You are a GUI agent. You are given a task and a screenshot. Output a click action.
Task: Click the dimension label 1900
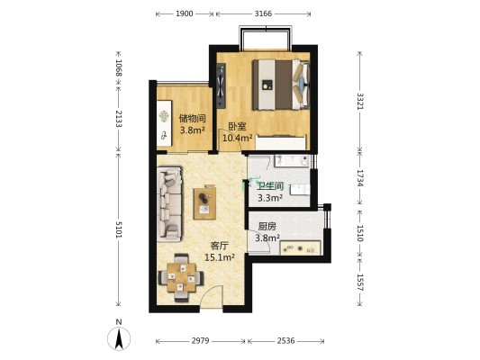click(185, 13)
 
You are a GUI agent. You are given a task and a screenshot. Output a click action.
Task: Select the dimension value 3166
click(263, 13)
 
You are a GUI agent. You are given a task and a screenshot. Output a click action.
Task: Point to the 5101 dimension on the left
click(119, 229)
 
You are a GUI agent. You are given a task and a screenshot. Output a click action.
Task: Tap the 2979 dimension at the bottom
click(200, 341)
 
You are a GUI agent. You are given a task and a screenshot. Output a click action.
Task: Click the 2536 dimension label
click(285, 341)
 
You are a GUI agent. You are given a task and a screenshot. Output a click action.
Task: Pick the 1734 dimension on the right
click(359, 178)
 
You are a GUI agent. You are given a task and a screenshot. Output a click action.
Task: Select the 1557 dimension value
click(359, 283)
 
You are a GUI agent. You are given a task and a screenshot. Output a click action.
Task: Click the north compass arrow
click(119, 338)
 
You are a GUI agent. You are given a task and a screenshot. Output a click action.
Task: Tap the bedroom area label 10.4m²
click(237, 138)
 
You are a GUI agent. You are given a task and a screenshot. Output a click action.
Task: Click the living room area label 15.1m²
click(220, 257)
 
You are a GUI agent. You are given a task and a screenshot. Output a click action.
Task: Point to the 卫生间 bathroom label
click(270, 186)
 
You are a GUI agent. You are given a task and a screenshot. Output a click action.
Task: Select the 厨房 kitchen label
click(267, 227)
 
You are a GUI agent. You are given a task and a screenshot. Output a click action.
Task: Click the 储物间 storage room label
click(192, 118)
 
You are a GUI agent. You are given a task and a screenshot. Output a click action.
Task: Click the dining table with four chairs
click(181, 278)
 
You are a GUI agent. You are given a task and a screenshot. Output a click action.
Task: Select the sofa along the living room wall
click(169, 204)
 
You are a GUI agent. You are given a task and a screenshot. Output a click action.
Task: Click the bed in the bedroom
click(281, 85)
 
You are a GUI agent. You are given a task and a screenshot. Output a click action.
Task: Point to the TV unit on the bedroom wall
click(222, 85)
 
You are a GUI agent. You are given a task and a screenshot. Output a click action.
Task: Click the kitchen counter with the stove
click(300, 247)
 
